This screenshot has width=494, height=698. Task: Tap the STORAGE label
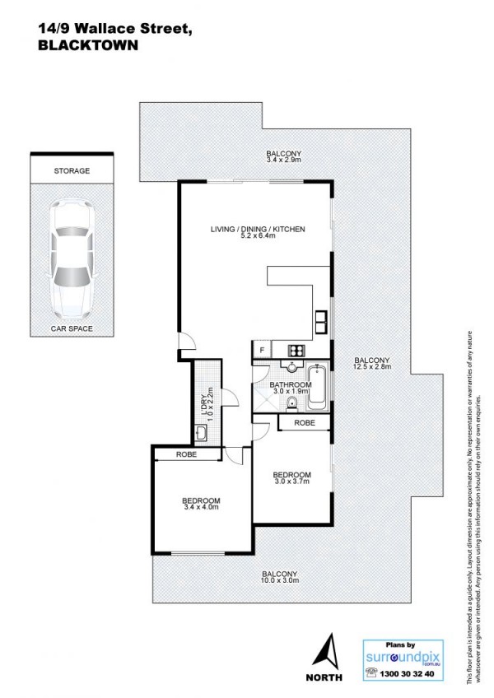pyautogui.click(x=72, y=171)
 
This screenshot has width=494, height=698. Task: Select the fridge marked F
pyautogui.click(x=263, y=350)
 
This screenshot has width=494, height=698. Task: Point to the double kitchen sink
pyautogui.click(x=322, y=323)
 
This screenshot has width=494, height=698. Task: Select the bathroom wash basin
pyautogui.click(x=291, y=366)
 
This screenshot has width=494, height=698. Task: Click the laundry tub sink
pyautogui.click(x=201, y=433)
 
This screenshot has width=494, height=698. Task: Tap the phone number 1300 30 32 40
pyautogui.click(x=406, y=674)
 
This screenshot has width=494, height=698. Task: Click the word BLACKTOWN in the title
pyautogui.click(x=88, y=45)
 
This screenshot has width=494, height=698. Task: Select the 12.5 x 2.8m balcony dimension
pyautogui.click(x=372, y=367)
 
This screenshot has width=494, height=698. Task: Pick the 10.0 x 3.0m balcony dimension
pyautogui.click(x=280, y=580)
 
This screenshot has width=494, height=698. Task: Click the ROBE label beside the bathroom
pyautogui.click(x=305, y=423)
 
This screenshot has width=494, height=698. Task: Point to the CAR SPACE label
pyautogui.click(x=72, y=329)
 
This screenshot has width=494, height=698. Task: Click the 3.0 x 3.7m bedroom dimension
pyautogui.click(x=291, y=482)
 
